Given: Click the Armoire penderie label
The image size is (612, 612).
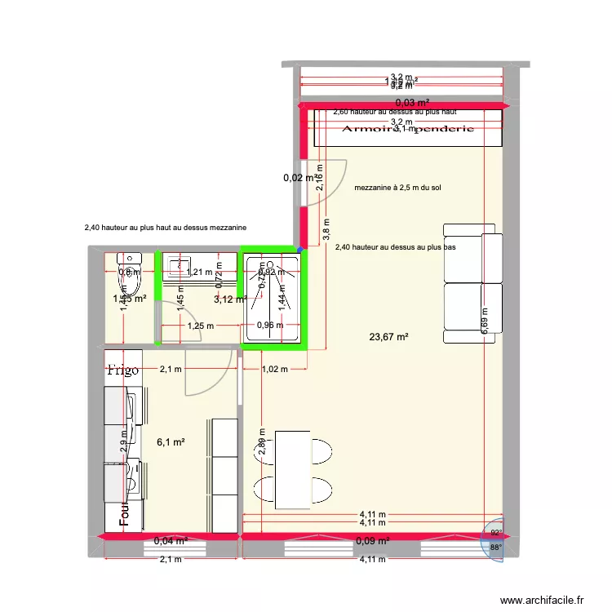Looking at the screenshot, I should coord(403,130).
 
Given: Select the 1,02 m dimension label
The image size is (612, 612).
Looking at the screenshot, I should coord(276,369).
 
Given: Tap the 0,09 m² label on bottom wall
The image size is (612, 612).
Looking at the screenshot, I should coord(371,540).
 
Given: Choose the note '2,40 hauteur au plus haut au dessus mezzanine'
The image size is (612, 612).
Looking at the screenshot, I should coord(166,228).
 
